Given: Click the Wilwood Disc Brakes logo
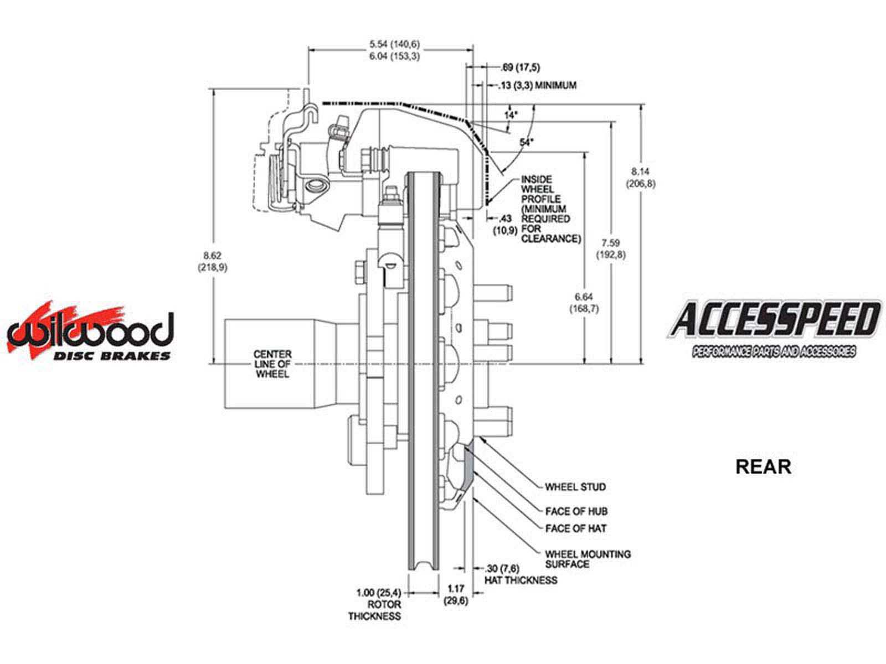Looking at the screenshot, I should point(90,332).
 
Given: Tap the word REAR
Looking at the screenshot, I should point(763,466).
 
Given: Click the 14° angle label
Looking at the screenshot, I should point(511,115).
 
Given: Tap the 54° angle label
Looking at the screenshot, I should point(526,142).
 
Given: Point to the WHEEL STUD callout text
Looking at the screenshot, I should point(575,487).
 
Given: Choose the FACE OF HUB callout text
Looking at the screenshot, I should point(576,511).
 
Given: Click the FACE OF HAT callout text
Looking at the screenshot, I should point(575,528).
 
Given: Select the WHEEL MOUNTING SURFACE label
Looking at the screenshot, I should point(588,559).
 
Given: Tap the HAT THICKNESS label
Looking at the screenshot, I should point(521,580).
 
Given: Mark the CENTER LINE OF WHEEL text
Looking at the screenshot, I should point(272,364).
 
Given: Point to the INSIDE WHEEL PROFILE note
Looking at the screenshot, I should point(544,209).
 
